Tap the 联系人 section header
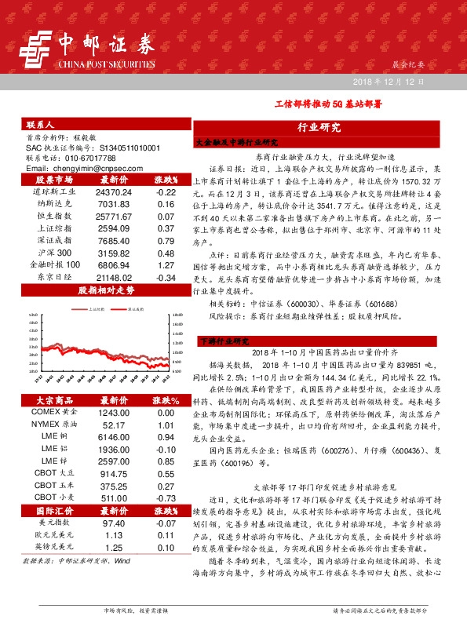click(x=40, y=125)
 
